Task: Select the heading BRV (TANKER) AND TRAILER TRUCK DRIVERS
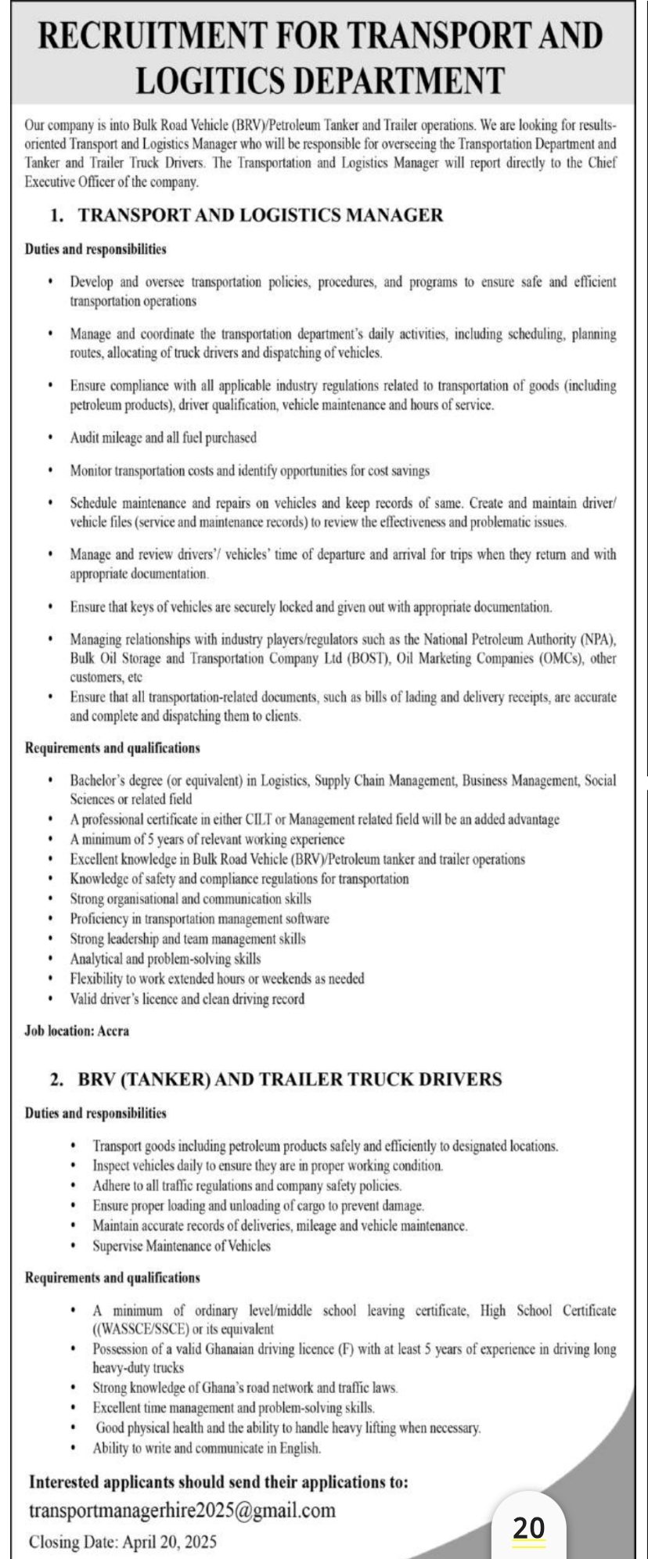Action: coord(290,1079)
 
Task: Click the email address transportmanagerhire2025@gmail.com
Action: coord(182,1510)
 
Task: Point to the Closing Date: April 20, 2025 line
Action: coord(123,1542)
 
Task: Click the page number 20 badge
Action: coord(528,1528)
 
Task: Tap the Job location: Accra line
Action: coord(77,1031)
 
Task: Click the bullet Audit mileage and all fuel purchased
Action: coord(163,437)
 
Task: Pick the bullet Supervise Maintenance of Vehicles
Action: coord(182,1245)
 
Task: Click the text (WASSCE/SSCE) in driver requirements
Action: coord(144,1329)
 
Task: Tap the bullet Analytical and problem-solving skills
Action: coord(165,958)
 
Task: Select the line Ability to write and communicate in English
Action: coord(207,1448)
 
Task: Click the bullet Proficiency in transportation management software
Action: coord(200,918)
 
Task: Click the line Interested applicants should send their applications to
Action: coord(218,1482)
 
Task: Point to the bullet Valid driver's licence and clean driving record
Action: coord(187,999)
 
